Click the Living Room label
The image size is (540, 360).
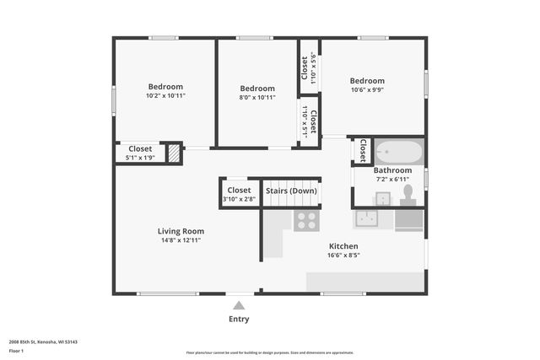point(181,231)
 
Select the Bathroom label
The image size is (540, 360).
point(392,170)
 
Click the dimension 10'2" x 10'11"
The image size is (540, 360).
point(165,96)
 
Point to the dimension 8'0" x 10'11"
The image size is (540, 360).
point(256,98)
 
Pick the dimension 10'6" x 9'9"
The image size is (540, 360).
point(367,90)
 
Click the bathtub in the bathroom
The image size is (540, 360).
point(398,152)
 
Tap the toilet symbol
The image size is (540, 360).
point(408,195)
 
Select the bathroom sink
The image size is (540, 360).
point(382,198)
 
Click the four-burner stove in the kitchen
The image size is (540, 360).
point(305,221)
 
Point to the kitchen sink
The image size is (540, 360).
point(367,219)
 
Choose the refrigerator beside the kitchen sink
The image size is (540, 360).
point(408,219)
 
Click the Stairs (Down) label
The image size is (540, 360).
point(290,191)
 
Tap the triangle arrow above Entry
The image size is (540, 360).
point(239,306)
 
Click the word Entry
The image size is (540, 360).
point(239,320)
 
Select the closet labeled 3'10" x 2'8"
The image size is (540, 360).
point(239,195)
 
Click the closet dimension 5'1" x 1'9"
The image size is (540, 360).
point(140,158)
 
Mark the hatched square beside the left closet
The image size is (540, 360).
point(173,153)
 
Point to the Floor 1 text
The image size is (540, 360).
point(16,350)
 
